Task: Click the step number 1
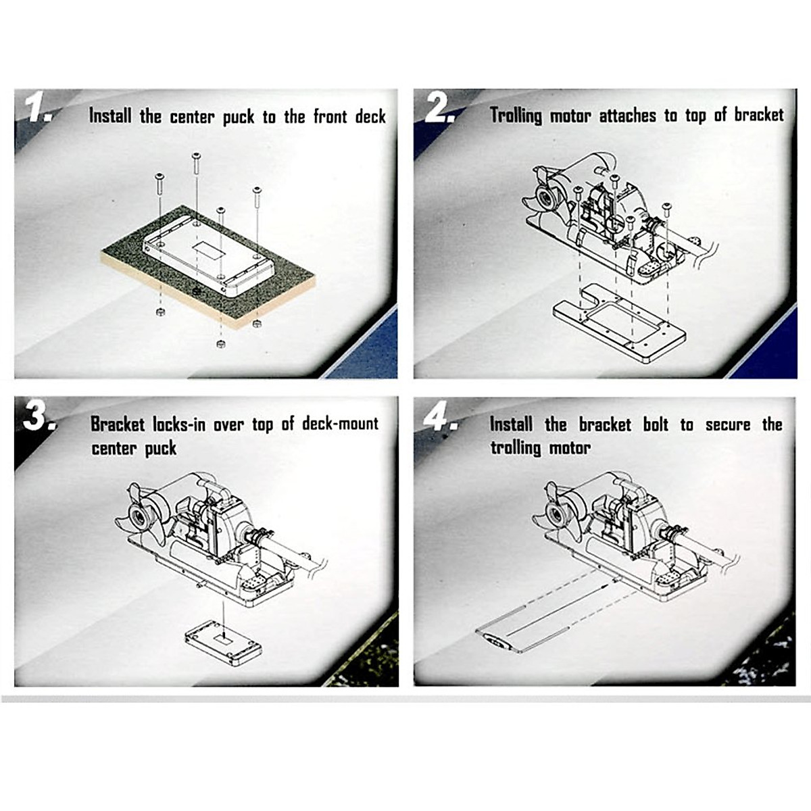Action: [39, 109]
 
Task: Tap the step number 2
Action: [439, 109]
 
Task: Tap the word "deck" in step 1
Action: [370, 116]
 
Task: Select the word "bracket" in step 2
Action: [759, 114]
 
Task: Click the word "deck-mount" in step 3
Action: [340, 423]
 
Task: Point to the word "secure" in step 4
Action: [728, 424]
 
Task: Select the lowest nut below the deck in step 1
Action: [220, 344]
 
